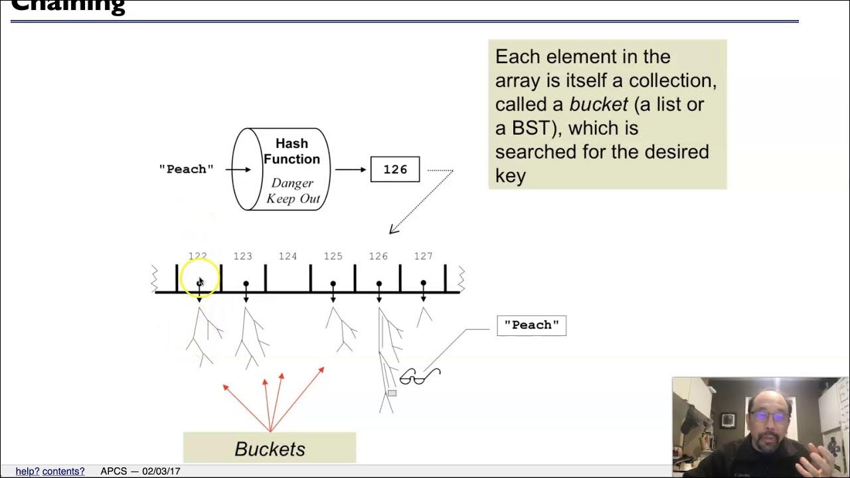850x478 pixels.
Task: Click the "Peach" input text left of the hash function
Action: coord(186,169)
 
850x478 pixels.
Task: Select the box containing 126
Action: coord(395,169)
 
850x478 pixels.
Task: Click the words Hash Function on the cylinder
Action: coord(292,151)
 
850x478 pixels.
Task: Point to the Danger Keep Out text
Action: coord(293,191)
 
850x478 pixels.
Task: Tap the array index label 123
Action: coord(243,256)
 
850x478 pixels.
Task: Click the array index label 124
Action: coord(288,256)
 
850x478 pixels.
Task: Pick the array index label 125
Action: coord(333,256)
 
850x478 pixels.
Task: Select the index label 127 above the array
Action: coord(423,256)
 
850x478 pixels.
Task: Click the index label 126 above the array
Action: coord(379,256)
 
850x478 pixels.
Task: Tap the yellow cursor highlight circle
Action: coord(199,278)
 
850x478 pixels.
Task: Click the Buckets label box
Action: coord(270,448)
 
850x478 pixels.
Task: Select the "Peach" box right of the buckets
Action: coord(531,325)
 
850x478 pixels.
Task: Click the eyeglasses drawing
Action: coord(420,377)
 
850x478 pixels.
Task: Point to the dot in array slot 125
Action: coord(333,283)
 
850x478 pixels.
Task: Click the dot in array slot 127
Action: coord(423,283)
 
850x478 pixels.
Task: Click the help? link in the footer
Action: coord(27,471)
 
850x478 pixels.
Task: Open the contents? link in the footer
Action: coord(64,471)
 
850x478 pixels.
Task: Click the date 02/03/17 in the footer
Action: coord(161,471)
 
